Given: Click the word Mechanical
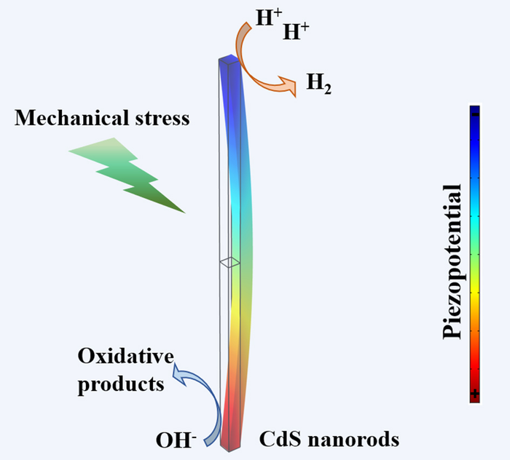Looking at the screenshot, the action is click(x=72, y=118).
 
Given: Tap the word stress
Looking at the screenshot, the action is click(x=162, y=118).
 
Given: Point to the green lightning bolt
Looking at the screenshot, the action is click(x=127, y=175).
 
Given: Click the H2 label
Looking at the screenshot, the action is click(x=319, y=83).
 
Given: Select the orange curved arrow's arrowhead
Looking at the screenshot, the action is click(x=288, y=86).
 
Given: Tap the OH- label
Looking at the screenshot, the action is click(x=176, y=440).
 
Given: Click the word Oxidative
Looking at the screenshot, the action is click(x=125, y=356).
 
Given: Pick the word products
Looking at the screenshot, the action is click(x=121, y=384).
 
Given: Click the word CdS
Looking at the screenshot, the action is click(x=280, y=439).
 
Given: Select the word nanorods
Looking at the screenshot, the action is click(x=353, y=440).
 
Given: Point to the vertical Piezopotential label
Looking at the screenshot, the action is click(x=452, y=261).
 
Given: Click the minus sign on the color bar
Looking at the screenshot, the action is click(x=475, y=114).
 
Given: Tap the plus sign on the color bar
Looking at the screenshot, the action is click(x=475, y=394).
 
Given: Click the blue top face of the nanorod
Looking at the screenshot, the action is click(x=229, y=59).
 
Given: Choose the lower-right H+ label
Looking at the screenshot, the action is click(x=296, y=31).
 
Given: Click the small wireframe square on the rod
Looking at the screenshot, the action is click(x=229, y=262).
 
